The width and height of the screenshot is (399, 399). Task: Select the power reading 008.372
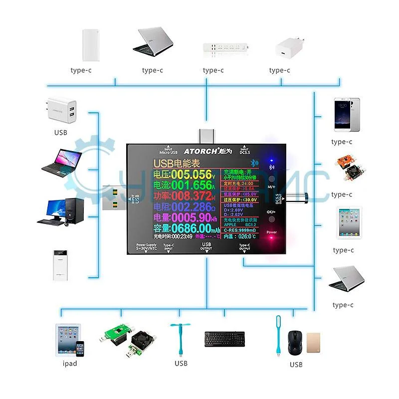click(x=192, y=196)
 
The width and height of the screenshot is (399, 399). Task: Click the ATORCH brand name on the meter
click(x=201, y=150)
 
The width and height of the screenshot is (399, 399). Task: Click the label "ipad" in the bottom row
click(x=70, y=364)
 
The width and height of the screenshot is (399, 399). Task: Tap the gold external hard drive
click(x=313, y=344)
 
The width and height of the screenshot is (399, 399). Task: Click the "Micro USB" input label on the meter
click(x=168, y=151)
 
